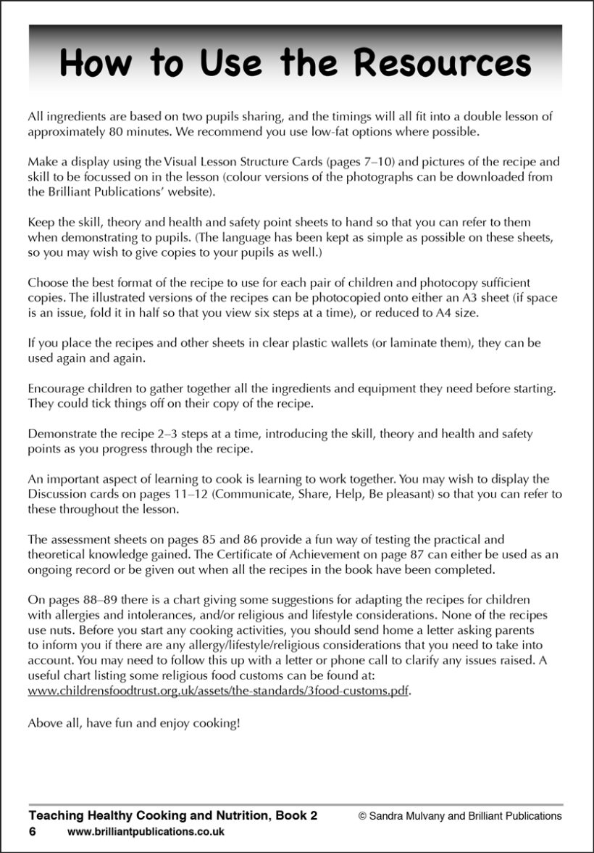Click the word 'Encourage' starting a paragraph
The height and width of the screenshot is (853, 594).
54,389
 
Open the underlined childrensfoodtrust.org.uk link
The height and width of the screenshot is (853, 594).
218,691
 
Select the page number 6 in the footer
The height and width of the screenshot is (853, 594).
33,831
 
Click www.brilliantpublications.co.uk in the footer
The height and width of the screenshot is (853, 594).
146,832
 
